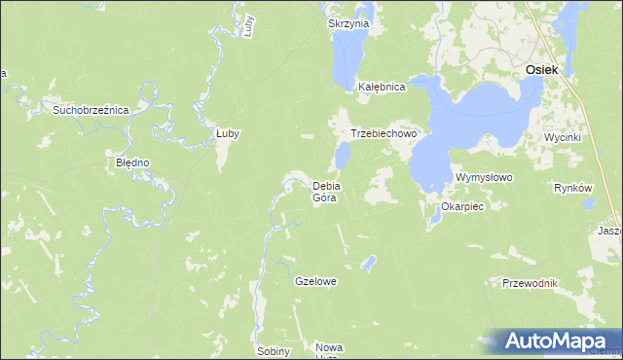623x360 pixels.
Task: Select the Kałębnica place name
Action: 381,87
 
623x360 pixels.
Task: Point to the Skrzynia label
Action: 348,23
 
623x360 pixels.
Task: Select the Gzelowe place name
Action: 315,281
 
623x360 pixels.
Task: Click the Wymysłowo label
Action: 484,178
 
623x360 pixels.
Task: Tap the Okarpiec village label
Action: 462,207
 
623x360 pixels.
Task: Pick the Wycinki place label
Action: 563,137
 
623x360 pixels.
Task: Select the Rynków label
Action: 573,188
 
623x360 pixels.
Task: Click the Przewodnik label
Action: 530,283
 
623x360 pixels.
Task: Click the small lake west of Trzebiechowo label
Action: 343,156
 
